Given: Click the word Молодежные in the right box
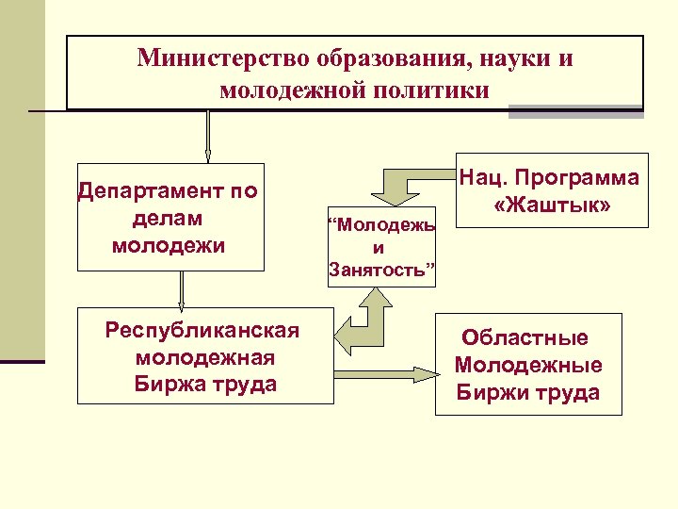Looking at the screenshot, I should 528,365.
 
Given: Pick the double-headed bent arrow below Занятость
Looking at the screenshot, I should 367,320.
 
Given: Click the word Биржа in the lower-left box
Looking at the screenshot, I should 169,385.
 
